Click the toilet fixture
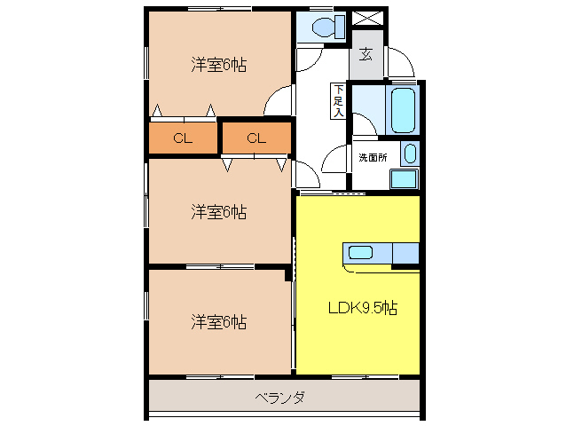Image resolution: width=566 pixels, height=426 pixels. coord(323,26)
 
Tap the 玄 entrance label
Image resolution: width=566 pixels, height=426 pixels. coord(366,54)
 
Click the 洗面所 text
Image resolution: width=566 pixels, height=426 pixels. coord(372,157)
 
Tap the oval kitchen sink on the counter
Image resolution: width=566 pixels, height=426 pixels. coord(360,251)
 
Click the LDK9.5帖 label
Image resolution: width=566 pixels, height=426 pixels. coord(362,309)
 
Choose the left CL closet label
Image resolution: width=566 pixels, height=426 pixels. coord(183,138)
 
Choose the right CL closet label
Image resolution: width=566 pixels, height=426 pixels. coord(255,138)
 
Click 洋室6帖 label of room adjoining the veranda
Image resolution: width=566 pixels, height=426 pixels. coord(217,321)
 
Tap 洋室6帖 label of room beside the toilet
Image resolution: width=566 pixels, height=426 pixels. coord(217,64)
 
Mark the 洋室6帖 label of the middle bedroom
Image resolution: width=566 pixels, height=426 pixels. coord(217,211)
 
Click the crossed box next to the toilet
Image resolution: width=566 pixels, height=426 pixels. coord(366,19)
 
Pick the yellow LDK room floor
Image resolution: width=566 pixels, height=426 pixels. coord(355,346)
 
